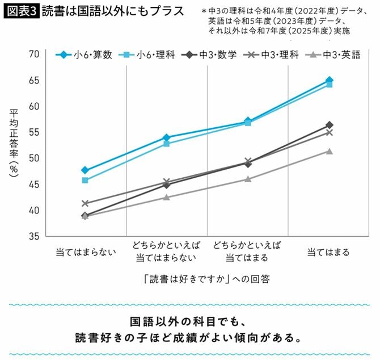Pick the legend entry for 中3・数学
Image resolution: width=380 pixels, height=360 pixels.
point(210,55)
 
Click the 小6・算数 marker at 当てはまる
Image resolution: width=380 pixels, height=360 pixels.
point(330,80)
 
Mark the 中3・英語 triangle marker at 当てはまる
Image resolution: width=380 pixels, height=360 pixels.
point(330,151)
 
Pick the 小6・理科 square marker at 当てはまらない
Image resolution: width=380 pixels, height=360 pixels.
point(85,181)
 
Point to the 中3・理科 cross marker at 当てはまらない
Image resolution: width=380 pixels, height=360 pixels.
point(85,203)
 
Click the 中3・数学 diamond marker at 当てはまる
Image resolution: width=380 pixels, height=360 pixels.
point(330,125)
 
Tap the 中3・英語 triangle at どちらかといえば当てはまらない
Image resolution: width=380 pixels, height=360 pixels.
point(166,198)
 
